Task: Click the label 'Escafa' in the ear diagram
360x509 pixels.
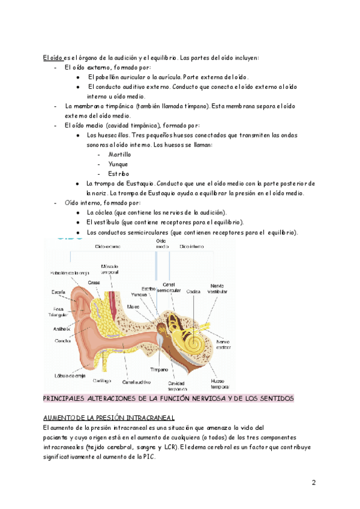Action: coord(58,292)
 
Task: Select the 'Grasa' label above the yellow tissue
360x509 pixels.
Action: coord(94,282)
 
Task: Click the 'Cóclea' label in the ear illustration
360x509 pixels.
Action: coord(193,292)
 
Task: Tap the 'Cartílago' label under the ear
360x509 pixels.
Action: coord(102,381)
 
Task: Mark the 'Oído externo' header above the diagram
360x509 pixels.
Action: coord(109,246)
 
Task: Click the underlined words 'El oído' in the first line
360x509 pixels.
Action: coord(52,58)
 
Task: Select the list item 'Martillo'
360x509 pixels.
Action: coord(119,154)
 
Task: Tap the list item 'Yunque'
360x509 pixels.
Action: coord(118,164)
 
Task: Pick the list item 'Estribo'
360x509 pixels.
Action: coord(118,173)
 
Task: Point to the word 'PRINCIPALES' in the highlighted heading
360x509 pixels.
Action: coord(67,399)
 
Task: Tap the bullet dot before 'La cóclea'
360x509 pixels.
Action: coord(79,213)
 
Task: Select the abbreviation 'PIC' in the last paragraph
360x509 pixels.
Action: coord(146,457)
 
